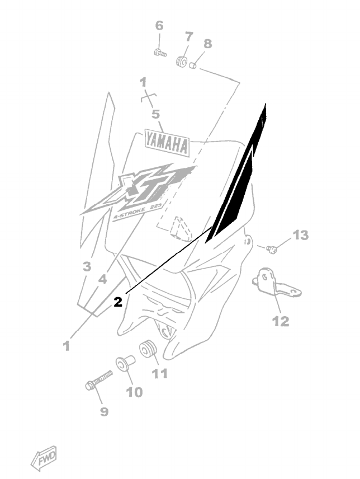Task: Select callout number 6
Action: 159,26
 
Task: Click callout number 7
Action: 188,37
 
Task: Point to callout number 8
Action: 207,43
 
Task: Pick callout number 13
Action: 301,236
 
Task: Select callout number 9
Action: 104,412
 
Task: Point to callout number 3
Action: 87,267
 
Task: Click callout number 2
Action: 117,303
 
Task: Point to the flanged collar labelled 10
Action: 125,363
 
